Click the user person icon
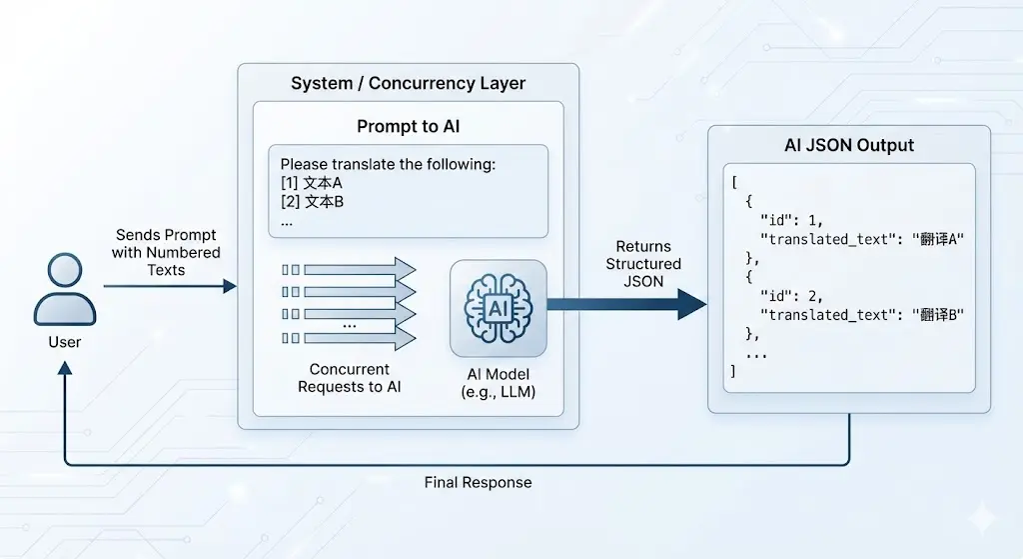(65, 290)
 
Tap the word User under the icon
(65, 342)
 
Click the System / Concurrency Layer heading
(408, 83)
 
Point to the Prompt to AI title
(408, 127)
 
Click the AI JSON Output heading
(848, 145)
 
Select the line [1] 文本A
(312, 183)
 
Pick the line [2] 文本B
(312, 202)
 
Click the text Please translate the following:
(388, 164)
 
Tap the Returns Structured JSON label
(643, 264)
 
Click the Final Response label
(478, 482)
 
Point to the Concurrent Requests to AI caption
(349, 378)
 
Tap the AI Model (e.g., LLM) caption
(498, 382)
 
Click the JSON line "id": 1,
(791, 220)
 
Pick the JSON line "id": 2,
(791, 296)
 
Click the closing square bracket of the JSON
(733, 371)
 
